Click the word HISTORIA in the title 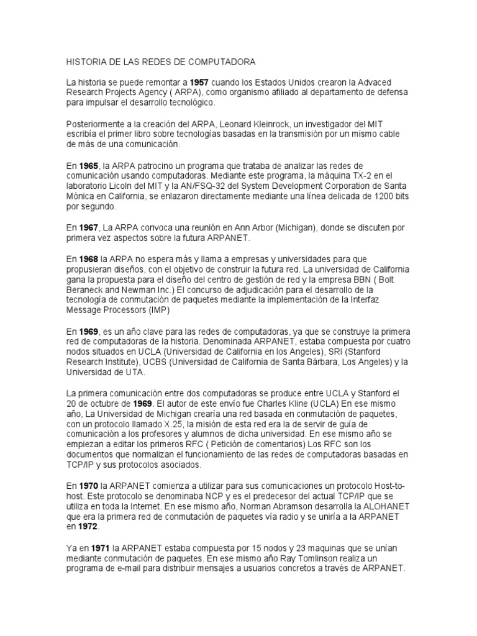[x=87, y=63]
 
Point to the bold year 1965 [x=89, y=166]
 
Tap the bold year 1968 [x=89, y=258]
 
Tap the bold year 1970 [x=89, y=485]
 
